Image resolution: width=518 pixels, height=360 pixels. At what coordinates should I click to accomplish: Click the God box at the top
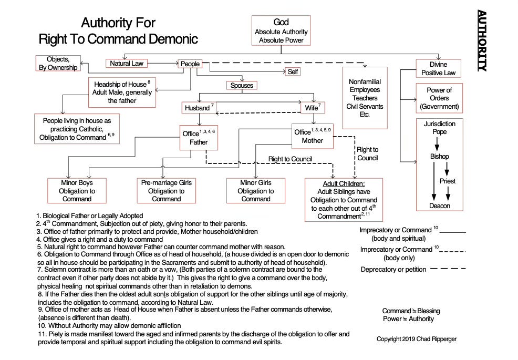(x=281, y=30)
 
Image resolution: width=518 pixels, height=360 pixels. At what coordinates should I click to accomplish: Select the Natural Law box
(x=126, y=64)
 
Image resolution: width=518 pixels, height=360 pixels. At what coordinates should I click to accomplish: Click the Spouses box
(x=241, y=85)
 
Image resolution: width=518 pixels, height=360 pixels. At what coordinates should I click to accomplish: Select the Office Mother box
(x=313, y=137)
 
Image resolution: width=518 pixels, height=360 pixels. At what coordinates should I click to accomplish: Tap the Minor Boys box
(x=77, y=191)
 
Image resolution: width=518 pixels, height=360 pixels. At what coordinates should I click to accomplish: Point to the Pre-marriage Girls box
(x=167, y=191)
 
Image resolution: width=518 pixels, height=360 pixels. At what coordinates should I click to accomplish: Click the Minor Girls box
(x=256, y=191)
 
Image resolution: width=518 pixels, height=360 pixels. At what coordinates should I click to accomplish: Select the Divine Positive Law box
(x=439, y=68)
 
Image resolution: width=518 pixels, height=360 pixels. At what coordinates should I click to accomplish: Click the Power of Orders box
(x=439, y=98)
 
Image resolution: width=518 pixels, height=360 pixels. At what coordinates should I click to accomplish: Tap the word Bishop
(x=439, y=157)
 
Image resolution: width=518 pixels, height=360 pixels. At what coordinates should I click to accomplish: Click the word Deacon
(x=439, y=205)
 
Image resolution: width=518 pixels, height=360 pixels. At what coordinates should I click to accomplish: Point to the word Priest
(x=448, y=181)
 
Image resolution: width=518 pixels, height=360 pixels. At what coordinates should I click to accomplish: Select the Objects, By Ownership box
(x=58, y=63)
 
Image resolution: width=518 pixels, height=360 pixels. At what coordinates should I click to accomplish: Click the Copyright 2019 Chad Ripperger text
(x=417, y=339)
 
